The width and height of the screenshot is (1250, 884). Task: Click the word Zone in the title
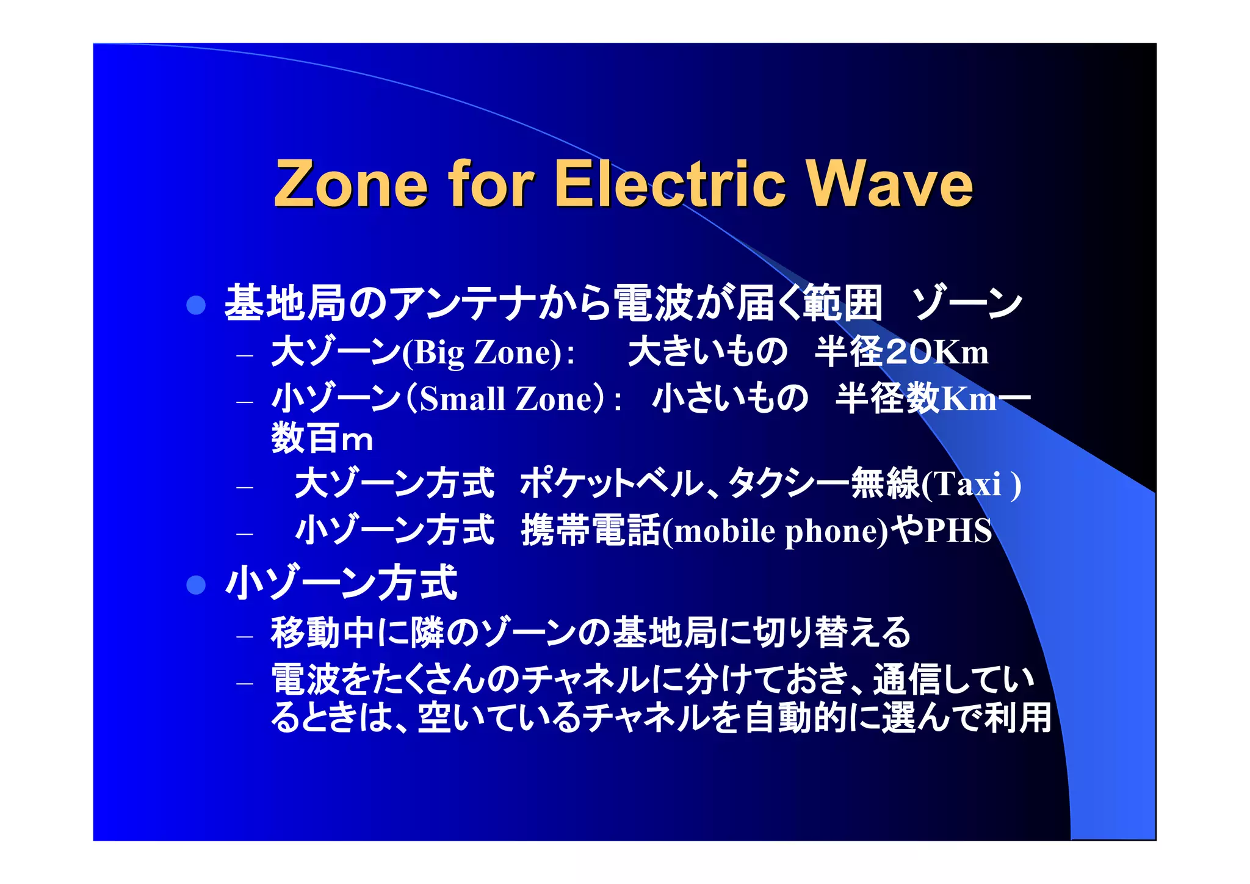[352, 184]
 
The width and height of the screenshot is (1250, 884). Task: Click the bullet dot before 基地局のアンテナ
[196, 305]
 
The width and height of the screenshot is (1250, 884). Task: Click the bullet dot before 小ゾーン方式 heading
[196, 585]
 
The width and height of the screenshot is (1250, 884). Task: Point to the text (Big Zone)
[482, 353]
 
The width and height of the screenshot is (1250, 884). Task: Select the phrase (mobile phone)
[775, 531]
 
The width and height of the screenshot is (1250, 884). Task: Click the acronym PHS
[958, 531]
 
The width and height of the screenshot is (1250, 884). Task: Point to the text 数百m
[322, 438]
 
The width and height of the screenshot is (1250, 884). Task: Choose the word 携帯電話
[591, 530]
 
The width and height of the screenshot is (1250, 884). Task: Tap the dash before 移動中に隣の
[245, 637]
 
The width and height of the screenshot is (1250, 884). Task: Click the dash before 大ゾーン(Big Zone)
[245, 355]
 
